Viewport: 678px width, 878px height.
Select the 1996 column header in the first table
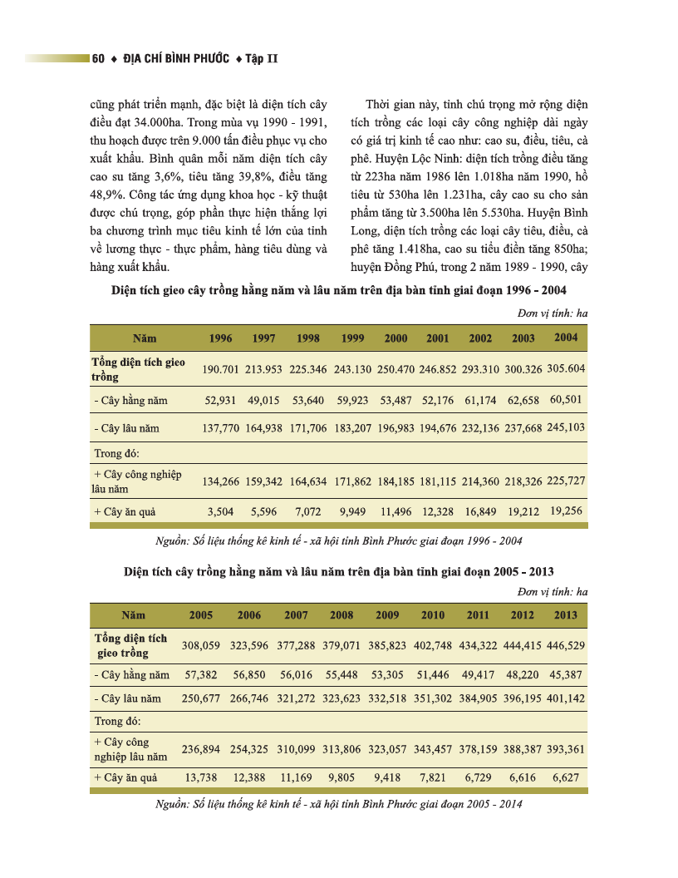(x=220, y=339)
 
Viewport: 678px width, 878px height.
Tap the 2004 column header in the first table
(x=566, y=338)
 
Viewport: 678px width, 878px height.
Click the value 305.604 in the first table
(x=566, y=368)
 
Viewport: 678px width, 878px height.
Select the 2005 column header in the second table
(x=201, y=616)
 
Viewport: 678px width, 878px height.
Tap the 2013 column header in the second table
(x=566, y=615)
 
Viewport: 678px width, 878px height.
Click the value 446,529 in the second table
(x=566, y=646)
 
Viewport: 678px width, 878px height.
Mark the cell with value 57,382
(x=201, y=676)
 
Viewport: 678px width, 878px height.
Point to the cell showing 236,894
(x=200, y=750)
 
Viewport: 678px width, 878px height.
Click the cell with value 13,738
(x=201, y=777)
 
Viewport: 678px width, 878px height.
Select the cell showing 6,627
(x=567, y=777)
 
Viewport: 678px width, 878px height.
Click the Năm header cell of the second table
(x=133, y=616)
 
